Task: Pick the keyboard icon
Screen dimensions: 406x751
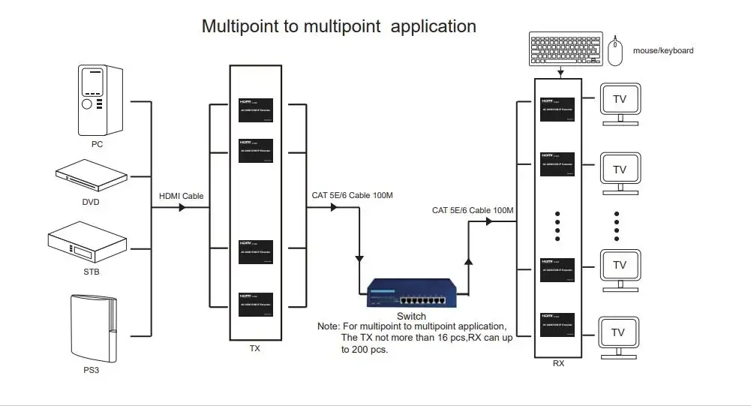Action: [x=565, y=50]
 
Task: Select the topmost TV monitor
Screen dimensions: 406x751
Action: [x=619, y=104]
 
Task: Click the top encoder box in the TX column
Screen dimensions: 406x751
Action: [x=256, y=110]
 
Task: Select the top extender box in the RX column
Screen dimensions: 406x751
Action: [x=557, y=109]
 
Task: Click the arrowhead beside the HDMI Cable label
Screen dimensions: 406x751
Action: [x=182, y=208]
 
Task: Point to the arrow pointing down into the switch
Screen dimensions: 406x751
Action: [x=361, y=258]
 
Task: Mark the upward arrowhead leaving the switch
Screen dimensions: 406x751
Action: [x=468, y=260]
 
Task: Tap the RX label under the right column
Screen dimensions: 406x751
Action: [x=558, y=365]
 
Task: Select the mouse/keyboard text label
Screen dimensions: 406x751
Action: [x=663, y=50]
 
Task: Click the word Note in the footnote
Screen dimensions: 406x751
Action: [x=328, y=326]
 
